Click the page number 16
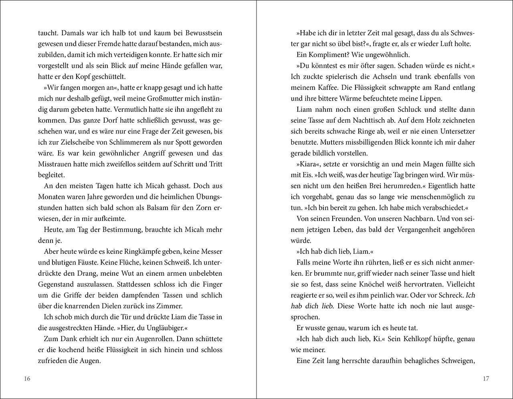27,379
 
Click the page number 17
486,379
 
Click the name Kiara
312,164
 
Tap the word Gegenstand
56,284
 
